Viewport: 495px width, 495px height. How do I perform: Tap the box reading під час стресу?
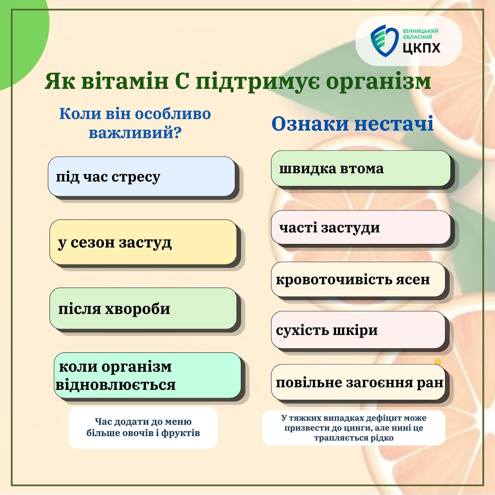click(141, 176)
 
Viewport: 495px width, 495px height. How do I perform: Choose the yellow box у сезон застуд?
click(143, 242)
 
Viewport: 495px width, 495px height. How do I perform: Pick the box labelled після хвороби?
click(143, 308)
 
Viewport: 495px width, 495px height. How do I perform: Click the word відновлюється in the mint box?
click(116, 384)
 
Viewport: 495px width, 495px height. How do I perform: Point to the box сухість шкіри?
click(358, 330)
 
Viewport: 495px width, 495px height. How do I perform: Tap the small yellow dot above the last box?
click(438, 362)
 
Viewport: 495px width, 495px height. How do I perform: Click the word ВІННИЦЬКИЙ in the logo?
click(421, 31)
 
